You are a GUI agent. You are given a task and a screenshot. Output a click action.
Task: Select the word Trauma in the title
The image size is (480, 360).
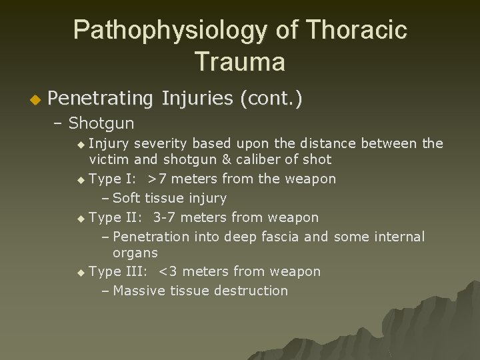pyautogui.click(x=240, y=62)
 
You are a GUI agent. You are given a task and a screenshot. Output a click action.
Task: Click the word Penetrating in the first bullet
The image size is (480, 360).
pyautogui.click(x=101, y=99)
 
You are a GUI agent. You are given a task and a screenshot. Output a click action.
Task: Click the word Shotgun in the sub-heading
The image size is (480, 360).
pyautogui.click(x=101, y=123)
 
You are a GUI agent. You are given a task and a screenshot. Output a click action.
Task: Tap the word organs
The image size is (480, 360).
pyautogui.click(x=135, y=253)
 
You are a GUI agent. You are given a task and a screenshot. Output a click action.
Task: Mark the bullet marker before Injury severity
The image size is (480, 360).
pyautogui.click(x=81, y=144)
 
